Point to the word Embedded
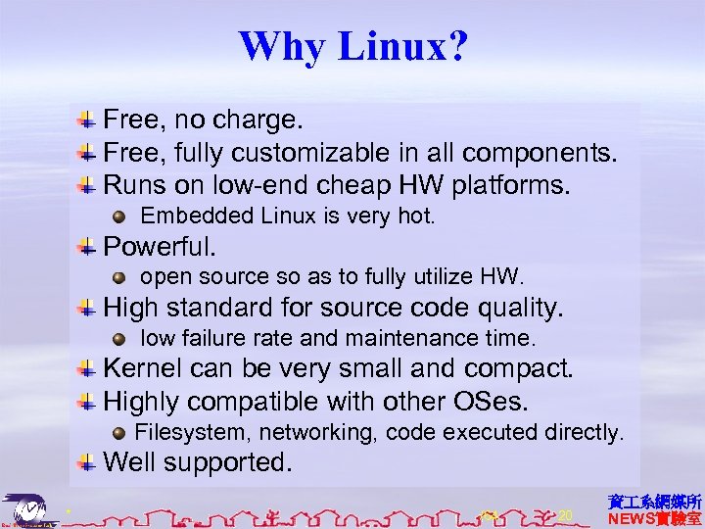click(x=184, y=215)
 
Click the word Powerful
click(x=160, y=245)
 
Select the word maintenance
click(x=413, y=339)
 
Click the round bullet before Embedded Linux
click(x=118, y=216)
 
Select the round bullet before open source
click(x=118, y=276)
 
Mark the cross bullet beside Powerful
click(x=87, y=245)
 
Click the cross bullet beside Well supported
click(x=87, y=461)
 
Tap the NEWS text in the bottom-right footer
click(x=635, y=517)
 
